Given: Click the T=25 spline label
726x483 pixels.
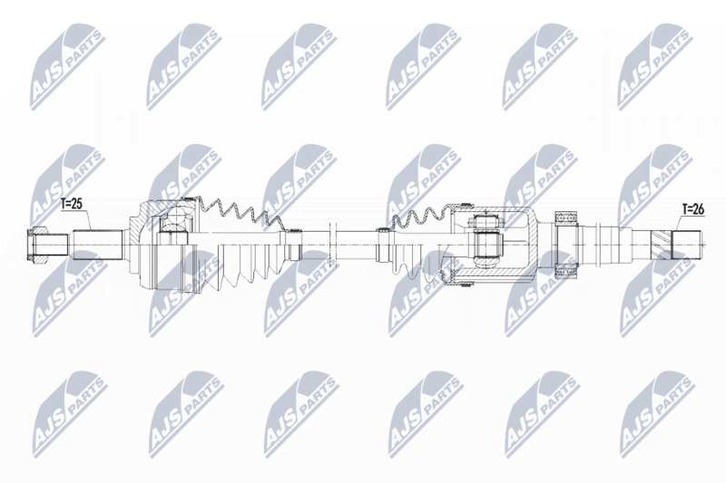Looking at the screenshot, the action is (72, 204).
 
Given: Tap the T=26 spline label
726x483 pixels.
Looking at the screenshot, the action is (692, 209).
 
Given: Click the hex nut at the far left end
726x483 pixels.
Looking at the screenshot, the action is (37, 245).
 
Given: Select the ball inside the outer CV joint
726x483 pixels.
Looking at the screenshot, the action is (178, 217).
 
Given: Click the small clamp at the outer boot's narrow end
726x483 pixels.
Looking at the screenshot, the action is (292, 245).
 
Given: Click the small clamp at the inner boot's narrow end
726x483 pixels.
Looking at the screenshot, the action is (384, 245).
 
